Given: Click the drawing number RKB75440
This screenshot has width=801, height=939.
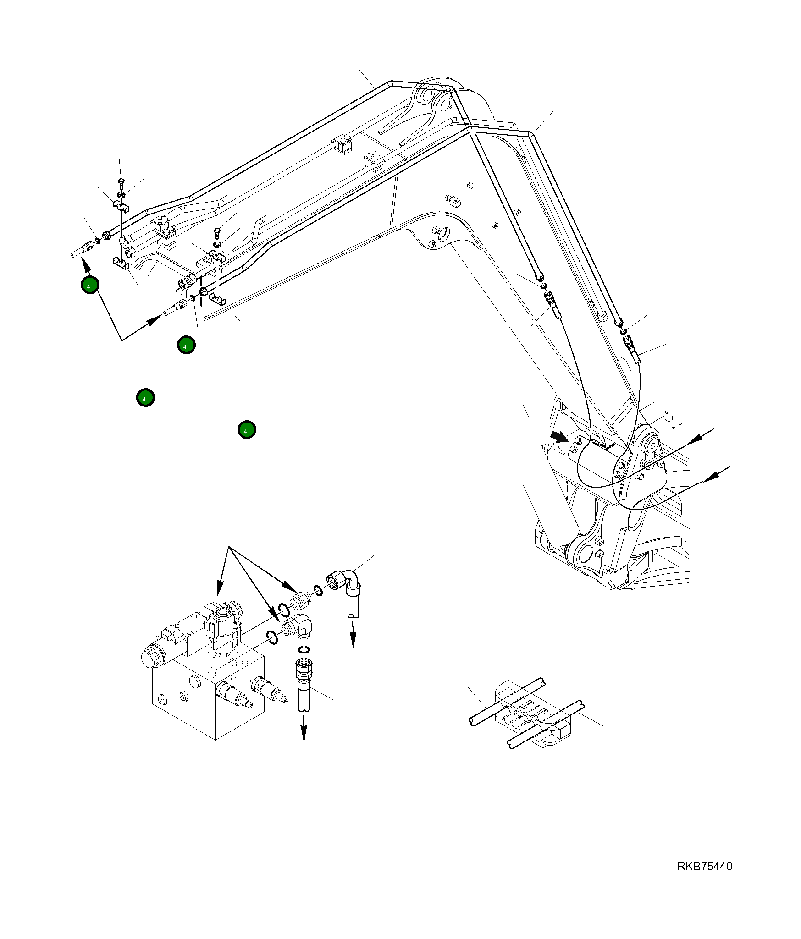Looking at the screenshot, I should pos(704,866).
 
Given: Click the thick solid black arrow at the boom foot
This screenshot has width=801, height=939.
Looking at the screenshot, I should pos(559,436).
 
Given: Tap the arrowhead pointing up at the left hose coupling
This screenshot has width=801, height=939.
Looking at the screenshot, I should pos(84,263).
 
